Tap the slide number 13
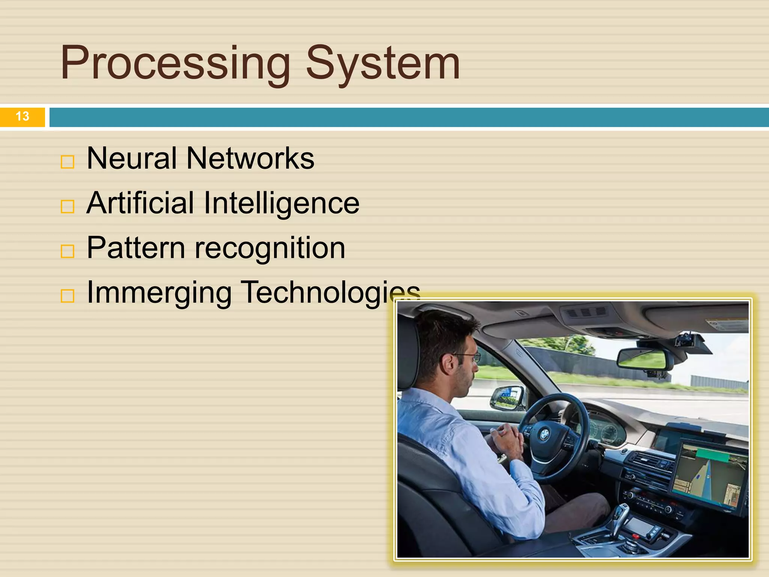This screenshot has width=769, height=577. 23,116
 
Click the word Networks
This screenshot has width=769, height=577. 250,158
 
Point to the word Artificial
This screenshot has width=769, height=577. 140,203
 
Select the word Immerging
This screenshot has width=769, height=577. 159,293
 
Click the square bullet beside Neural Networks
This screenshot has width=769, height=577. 68,162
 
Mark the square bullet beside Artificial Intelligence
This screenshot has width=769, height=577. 68,207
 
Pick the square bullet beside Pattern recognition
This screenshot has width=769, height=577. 68,251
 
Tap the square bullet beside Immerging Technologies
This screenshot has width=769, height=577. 68,296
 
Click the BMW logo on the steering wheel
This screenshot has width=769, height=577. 544,435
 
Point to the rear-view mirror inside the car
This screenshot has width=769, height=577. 641,359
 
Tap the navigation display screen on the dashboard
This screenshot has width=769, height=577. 708,474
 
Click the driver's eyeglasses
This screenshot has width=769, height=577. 468,357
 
